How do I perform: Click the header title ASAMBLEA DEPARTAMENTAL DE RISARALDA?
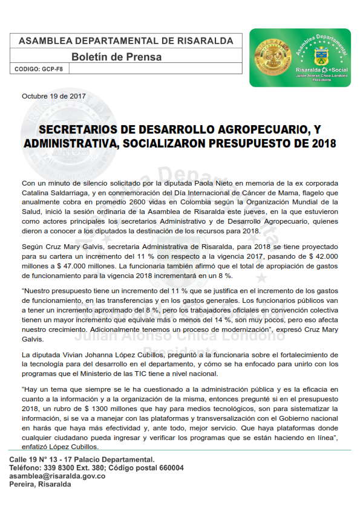click(x=126, y=41)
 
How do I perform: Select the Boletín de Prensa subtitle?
click(x=116, y=57)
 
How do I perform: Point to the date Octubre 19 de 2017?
click(x=54, y=96)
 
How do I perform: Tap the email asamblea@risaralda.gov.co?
click(x=57, y=476)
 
